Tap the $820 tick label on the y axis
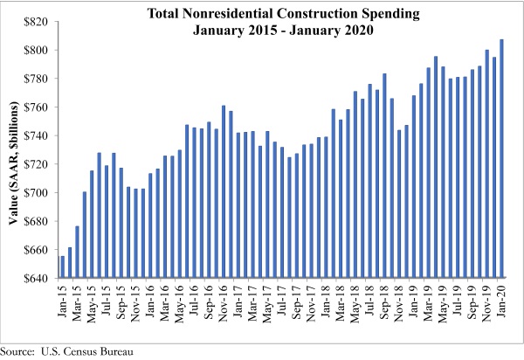coord(38,21)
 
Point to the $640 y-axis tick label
coord(38,279)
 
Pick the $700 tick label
coord(38,193)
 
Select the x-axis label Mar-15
coord(78,301)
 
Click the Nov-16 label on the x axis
coord(224,301)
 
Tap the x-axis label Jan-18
coord(326,301)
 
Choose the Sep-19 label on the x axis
coord(472,301)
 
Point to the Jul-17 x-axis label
coord(282,301)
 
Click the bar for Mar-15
coord(77,253)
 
